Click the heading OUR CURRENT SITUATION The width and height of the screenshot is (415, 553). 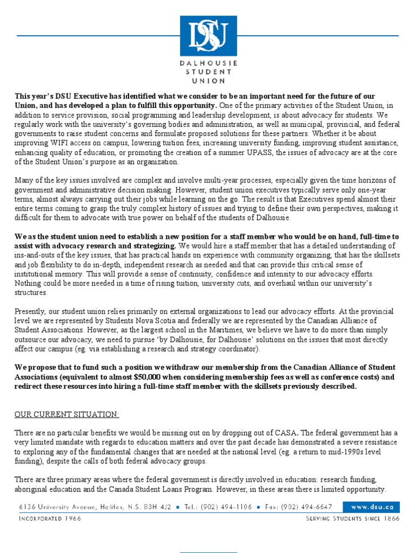pyautogui.click(x=66, y=414)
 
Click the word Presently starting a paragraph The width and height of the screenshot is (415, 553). pyautogui.click(x=31, y=312)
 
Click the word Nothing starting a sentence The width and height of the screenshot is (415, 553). pyautogui.click(x=28, y=282)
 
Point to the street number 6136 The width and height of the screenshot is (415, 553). pyautogui.click(x=26, y=507)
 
